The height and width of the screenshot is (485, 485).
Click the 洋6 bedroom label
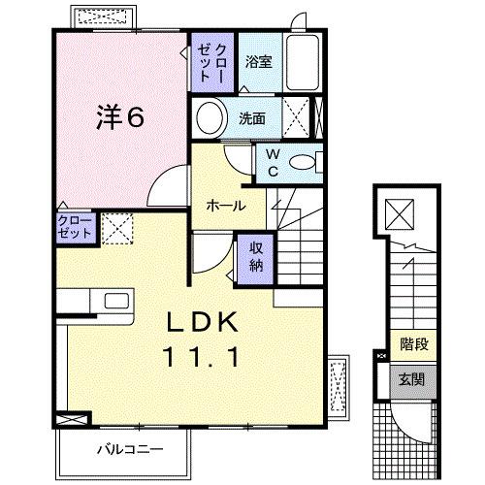tap(119, 116)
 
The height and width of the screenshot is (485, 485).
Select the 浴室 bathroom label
tap(257, 60)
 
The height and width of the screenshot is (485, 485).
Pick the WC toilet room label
tap(274, 163)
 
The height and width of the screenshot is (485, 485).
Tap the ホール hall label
tap(225, 206)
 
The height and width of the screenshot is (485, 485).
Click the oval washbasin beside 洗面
tap(210, 119)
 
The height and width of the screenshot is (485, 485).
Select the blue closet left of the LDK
tap(75, 231)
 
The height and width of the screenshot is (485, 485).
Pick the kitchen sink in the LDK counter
tap(108, 302)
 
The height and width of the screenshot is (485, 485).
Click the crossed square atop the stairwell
tap(399, 211)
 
